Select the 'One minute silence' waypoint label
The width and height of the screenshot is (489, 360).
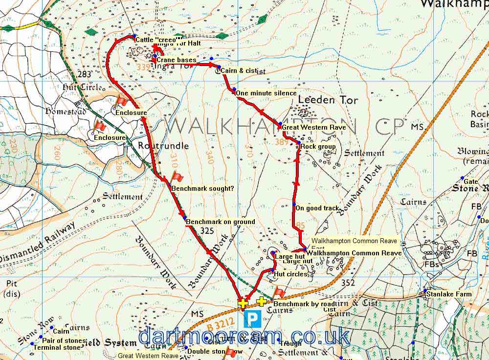(266, 93)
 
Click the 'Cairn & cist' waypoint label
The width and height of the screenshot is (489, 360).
(239, 71)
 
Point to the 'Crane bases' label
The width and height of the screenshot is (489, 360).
(176, 60)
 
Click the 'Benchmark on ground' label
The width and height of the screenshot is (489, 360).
(221, 222)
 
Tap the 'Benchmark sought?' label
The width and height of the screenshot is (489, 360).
(202, 188)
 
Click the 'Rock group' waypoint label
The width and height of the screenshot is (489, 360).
(318, 146)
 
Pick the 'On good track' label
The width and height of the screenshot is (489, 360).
(317, 208)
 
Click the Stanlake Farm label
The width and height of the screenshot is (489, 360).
(449, 294)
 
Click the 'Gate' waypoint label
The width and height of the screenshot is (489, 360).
(470, 181)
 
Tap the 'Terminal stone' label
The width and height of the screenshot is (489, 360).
(57, 347)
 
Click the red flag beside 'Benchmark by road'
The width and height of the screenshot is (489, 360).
(279, 292)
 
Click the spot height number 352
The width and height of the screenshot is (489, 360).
(348, 282)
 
